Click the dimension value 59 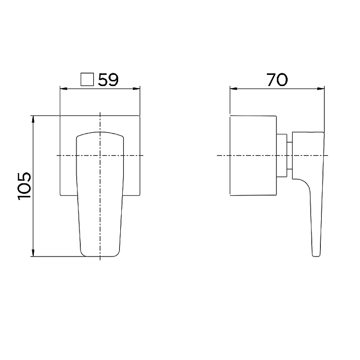pos(108,80)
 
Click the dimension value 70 pos(277,80)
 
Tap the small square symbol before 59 pos(87,80)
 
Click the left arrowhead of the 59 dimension pos(62,88)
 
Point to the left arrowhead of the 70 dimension pos(233,88)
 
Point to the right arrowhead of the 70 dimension pos(322,88)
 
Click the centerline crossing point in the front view pos(100,156)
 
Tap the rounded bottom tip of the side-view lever pos(316,255)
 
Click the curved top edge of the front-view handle pos(100,132)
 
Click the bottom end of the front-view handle pos(100,256)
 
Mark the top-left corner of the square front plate pos(60,116)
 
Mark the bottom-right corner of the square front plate pos(140,196)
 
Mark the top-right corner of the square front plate pos(140,116)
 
